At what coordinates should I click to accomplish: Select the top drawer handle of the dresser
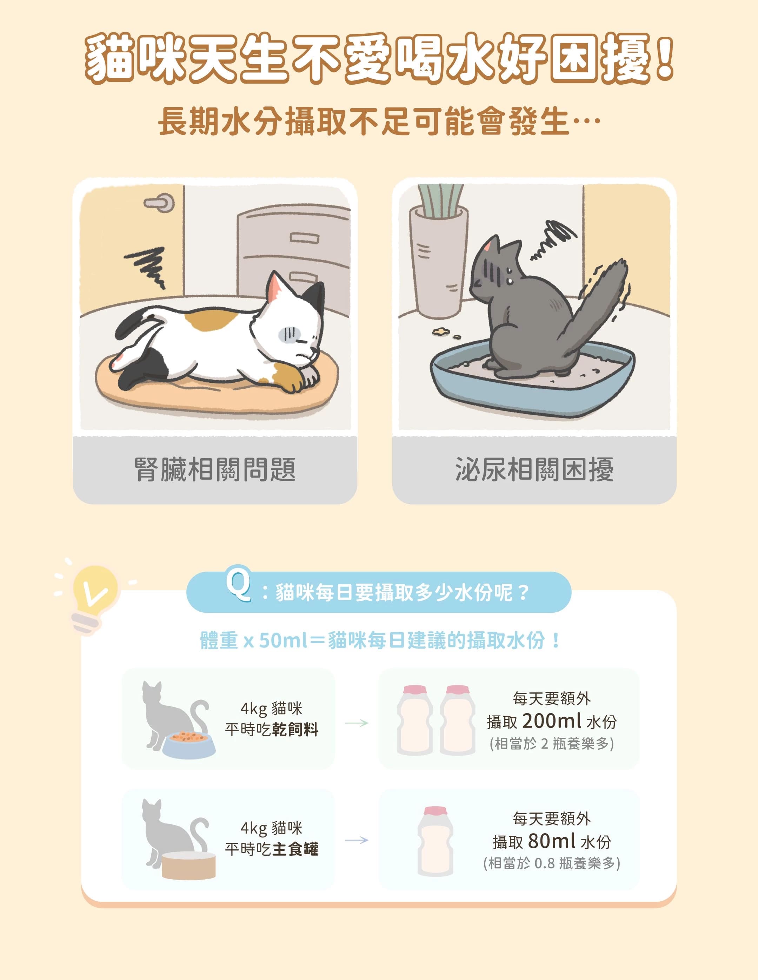305,238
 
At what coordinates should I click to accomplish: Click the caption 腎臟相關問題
215,470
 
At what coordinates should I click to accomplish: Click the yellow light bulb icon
94,590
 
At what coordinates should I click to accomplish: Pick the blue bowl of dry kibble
188,745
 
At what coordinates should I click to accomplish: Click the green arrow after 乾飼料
357,723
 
